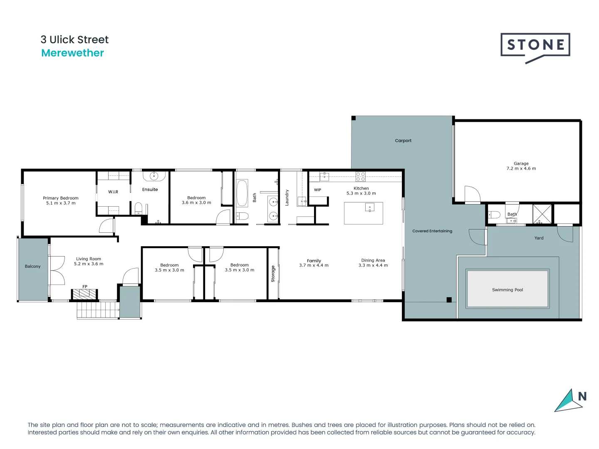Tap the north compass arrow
pyautogui.click(x=568, y=401)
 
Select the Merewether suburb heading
pyautogui.click(x=72, y=53)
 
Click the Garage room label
pyautogui.click(x=521, y=163)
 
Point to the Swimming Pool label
pyautogui.click(x=507, y=290)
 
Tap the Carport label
pyautogui.click(x=403, y=141)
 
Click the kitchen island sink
pyautogui.click(x=369, y=207)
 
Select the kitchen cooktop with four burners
pyautogui.click(x=360, y=176)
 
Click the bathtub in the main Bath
pyautogui.click(x=242, y=193)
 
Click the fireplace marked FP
pyautogui.click(x=84, y=294)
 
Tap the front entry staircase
pyautogui.click(x=97, y=310)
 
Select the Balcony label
pyautogui.click(x=32, y=266)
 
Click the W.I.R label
pyautogui.click(x=113, y=192)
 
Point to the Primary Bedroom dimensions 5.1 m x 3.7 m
pyautogui.click(x=61, y=203)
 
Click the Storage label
pyautogui.click(x=273, y=274)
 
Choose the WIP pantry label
pyautogui.click(x=317, y=190)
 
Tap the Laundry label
pyautogui.click(x=287, y=197)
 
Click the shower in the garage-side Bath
pyautogui.click(x=542, y=214)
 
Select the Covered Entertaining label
pyautogui.click(x=432, y=231)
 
